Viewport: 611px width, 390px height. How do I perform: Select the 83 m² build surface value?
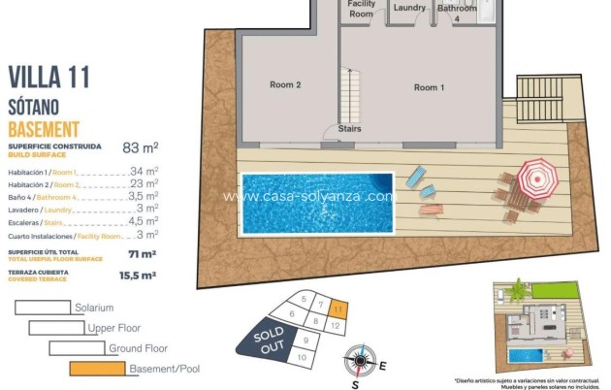pos(140,148)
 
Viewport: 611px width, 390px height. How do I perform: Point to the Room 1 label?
pos(429,88)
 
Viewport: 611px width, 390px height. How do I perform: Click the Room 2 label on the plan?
pos(285,85)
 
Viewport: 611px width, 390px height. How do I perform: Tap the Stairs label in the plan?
pos(350,128)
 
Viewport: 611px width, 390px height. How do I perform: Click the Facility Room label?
pos(361,10)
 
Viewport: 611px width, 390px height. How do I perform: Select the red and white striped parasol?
pos(533,177)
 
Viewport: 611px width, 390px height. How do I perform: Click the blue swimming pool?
pos(317,203)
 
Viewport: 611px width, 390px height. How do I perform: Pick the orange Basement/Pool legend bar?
pos(98,369)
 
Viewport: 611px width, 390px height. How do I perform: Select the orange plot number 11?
pos(337,309)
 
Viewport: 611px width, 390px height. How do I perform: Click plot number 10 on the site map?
pos(302,358)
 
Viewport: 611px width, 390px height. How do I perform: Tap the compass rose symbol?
pos(359,363)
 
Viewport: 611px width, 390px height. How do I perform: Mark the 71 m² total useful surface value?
pos(143,254)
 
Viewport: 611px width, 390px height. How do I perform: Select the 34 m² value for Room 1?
pos(144,171)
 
